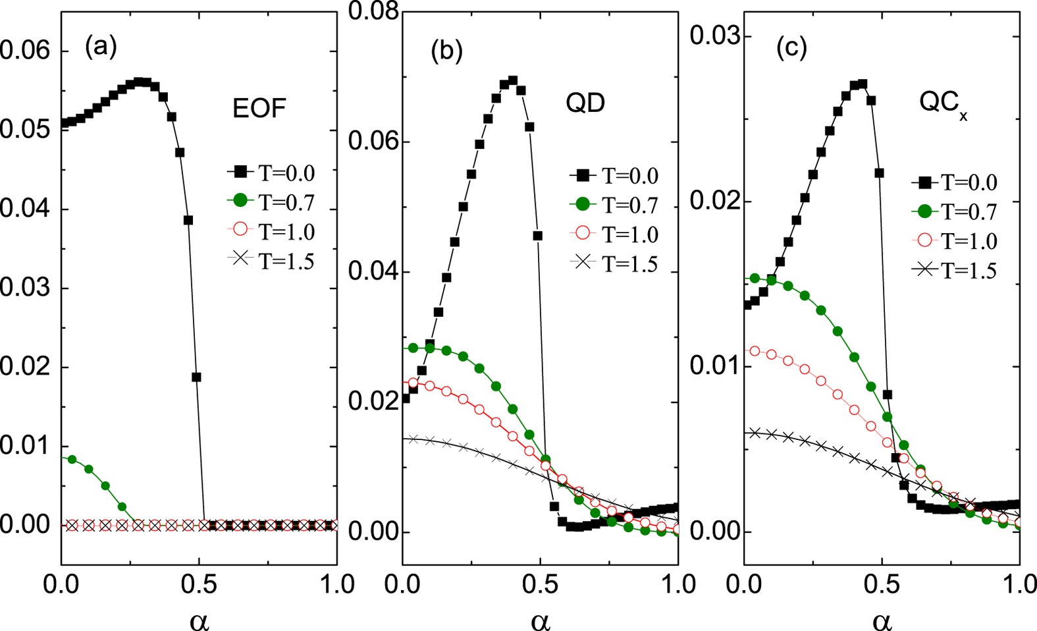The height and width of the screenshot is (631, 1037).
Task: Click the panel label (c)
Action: click(791, 48)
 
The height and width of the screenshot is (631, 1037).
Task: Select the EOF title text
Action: click(259, 108)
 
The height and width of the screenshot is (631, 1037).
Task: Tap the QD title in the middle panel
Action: click(585, 102)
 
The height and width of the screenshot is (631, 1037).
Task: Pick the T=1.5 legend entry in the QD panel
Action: click(614, 263)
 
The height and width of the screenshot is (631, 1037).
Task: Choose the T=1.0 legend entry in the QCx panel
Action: click(954, 240)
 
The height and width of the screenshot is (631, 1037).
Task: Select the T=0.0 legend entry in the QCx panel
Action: click(954, 182)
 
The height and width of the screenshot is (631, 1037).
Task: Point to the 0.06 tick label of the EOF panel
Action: click(25, 50)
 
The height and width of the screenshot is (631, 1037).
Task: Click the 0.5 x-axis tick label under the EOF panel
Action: click(199, 584)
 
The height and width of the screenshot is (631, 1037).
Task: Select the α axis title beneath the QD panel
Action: click(540, 620)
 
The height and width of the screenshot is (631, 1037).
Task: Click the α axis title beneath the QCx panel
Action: click(882, 620)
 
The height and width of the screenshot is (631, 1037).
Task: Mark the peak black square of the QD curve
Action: click(513, 80)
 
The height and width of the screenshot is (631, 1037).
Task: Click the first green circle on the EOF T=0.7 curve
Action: click(72, 459)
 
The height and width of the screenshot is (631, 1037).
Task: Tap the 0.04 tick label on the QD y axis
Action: click(373, 271)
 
